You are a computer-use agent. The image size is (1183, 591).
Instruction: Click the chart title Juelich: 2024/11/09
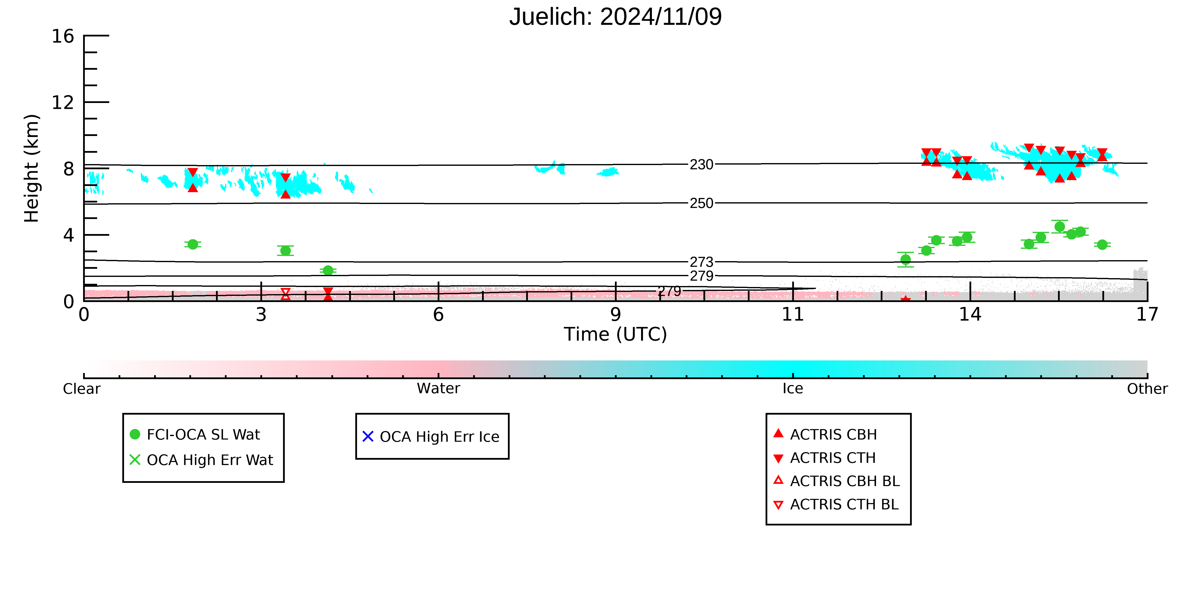click(615, 17)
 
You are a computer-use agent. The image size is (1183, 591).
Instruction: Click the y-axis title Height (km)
click(32, 169)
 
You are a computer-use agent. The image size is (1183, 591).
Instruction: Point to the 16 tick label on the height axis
click(63, 36)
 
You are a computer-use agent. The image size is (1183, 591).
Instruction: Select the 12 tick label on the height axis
click(63, 102)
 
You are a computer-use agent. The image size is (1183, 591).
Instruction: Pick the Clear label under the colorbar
click(82, 389)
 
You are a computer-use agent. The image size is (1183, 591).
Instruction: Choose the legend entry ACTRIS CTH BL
click(836, 504)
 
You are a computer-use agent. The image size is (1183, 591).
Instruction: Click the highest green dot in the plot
click(1059, 227)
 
